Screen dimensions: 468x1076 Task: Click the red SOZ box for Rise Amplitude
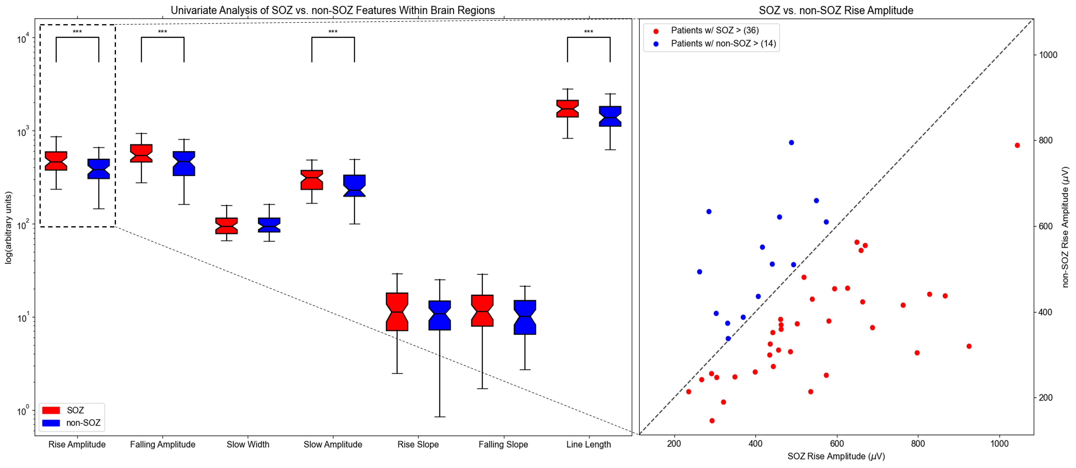(56, 161)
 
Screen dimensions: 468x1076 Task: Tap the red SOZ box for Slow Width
(226, 225)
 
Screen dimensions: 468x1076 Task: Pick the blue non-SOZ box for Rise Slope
(439, 315)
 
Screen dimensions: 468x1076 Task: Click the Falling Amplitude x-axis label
(162, 444)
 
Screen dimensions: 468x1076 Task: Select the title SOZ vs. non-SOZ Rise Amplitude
(836, 10)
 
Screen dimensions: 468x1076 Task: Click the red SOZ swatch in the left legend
(51, 410)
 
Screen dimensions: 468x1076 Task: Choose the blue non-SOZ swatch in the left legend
(51, 422)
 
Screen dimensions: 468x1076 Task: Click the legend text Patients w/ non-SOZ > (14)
(723, 43)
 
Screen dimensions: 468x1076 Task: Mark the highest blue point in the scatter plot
(791, 142)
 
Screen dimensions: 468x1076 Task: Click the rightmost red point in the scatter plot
(1017, 145)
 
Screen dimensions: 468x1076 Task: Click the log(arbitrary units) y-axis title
(8, 228)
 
